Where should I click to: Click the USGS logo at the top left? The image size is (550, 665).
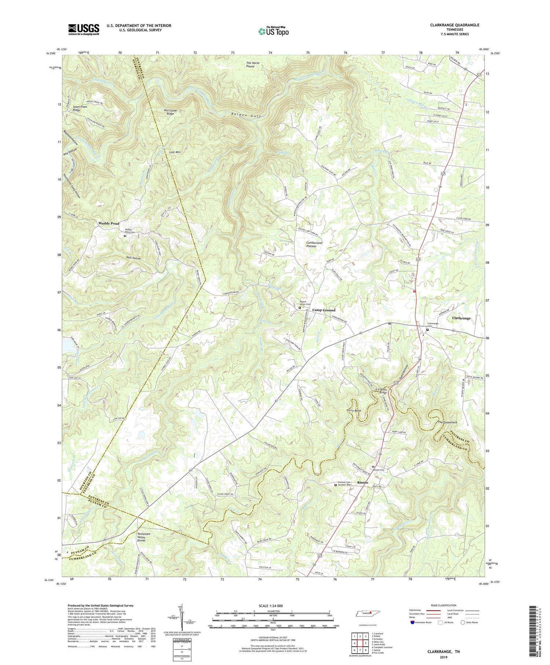click(84, 29)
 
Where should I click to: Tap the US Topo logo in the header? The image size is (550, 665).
click(273, 32)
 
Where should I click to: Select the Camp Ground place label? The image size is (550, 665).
click(323, 310)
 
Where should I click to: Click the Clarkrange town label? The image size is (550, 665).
click(461, 318)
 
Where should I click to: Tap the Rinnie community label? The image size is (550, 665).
click(360, 482)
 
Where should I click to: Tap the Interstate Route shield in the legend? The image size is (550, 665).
click(412, 622)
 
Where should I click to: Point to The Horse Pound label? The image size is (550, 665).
click(252, 65)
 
